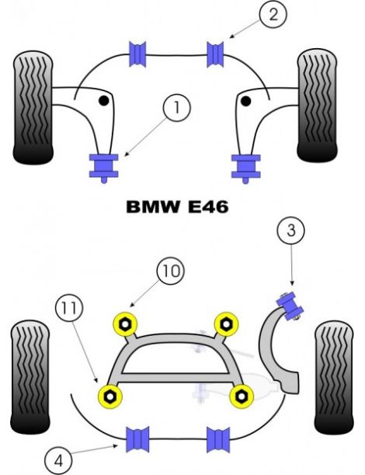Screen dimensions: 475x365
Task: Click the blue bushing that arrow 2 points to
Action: coord(217,54)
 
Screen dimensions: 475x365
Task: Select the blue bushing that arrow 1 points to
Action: coord(103,166)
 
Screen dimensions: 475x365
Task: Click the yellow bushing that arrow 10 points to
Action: coord(123,321)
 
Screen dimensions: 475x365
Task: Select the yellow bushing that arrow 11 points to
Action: coord(111,396)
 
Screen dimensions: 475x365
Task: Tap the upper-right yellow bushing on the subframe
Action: coord(225,321)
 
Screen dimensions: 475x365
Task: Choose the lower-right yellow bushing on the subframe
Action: coord(243,396)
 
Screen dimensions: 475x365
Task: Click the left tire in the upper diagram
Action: coord(33,106)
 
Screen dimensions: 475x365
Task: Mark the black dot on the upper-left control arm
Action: coord(103,100)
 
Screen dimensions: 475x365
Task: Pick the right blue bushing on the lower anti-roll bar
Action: coord(217,438)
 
